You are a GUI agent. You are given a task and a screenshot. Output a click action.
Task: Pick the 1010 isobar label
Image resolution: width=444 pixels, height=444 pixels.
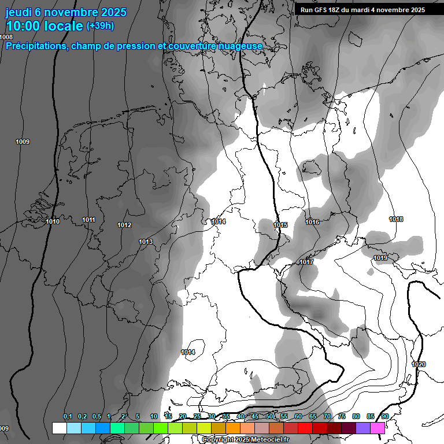click(x=52, y=221)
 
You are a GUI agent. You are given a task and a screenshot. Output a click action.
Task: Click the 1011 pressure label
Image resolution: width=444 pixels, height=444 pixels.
click(x=88, y=220)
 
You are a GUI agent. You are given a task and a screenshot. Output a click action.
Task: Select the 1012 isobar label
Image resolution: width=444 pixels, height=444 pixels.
click(x=124, y=225)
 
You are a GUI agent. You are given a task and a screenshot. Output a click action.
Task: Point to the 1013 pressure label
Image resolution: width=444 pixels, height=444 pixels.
click(x=146, y=242)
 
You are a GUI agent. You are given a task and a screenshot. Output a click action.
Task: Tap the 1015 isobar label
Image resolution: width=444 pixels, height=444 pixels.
click(x=280, y=225)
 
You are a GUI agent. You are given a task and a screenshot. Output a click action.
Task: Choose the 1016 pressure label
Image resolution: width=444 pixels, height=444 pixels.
click(x=313, y=222)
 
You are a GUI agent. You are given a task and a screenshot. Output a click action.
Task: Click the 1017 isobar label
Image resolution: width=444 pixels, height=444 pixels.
click(x=306, y=262)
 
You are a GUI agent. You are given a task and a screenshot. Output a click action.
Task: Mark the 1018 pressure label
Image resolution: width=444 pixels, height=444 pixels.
click(x=396, y=219)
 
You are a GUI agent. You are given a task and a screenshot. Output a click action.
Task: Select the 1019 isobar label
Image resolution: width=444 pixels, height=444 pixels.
click(x=380, y=258)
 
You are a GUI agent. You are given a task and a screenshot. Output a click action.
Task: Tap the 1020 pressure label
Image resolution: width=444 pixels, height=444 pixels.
click(x=419, y=364)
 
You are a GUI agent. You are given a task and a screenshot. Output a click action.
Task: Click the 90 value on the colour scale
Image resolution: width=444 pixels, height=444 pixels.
click(x=384, y=416)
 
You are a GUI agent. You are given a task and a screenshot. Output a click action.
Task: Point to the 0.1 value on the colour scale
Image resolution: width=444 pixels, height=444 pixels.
click(x=68, y=416)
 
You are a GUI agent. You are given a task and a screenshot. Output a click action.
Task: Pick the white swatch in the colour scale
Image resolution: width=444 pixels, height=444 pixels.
click(x=59, y=428)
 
